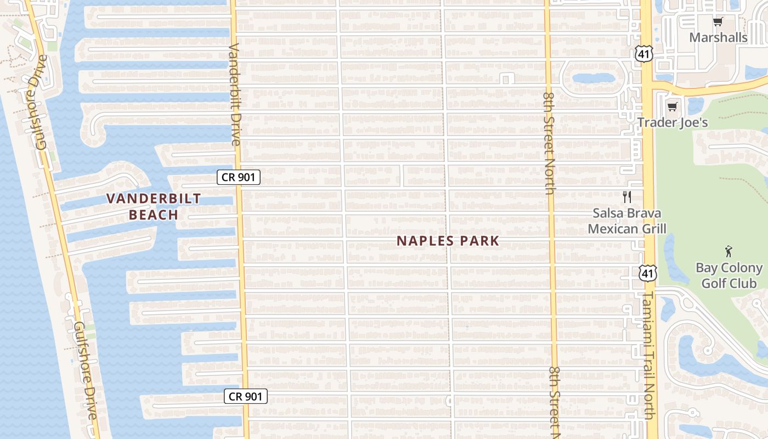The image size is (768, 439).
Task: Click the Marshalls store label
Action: [x=718, y=37]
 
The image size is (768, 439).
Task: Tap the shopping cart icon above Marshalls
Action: [x=718, y=22]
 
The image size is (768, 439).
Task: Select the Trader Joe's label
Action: [x=673, y=122]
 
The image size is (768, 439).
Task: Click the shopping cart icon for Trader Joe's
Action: [x=672, y=106]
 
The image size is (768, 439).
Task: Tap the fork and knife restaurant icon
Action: [x=627, y=197]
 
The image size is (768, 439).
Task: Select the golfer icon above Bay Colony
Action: [x=729, y=252]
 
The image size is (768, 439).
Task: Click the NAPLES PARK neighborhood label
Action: [x=448, y=241]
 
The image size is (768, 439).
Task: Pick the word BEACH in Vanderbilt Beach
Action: [x=154, y=215]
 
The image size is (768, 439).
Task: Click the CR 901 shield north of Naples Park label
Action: [x=238, y=177]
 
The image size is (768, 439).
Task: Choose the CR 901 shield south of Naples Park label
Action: [x=246, y=396]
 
